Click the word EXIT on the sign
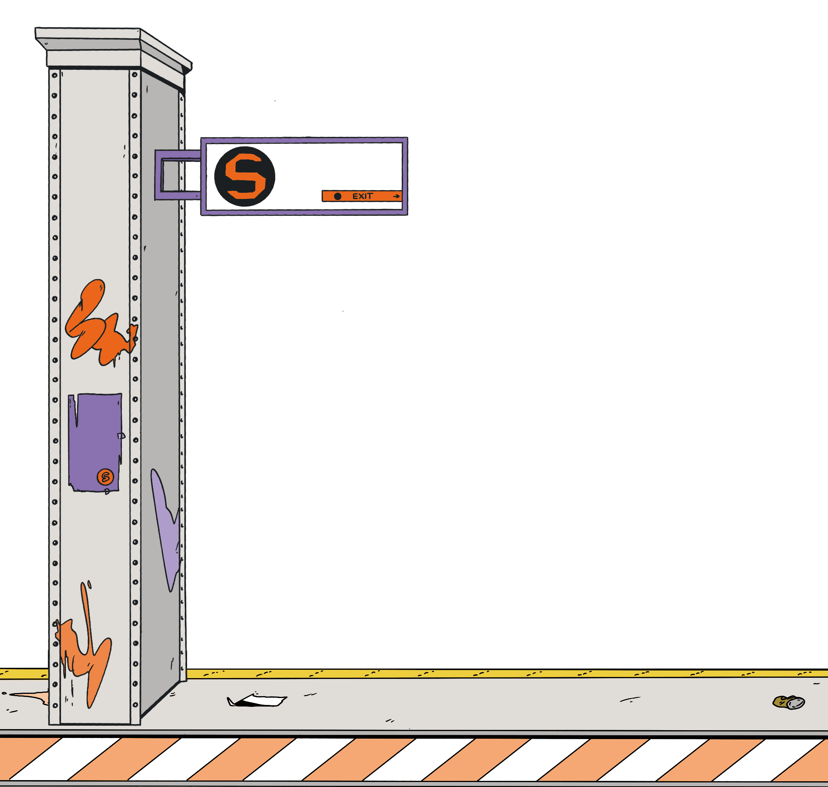(x=362, y=196)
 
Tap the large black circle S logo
(x=245, y=176)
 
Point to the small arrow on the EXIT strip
(x=396, y=196)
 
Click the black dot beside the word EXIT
(x=338, y=196)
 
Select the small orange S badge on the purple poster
(x=105, y=477)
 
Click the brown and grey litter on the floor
(x=789, y=702)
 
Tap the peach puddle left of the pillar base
(x=31, y=697)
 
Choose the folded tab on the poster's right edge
(x=121, y=436)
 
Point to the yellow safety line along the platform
(x=503, y=674)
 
